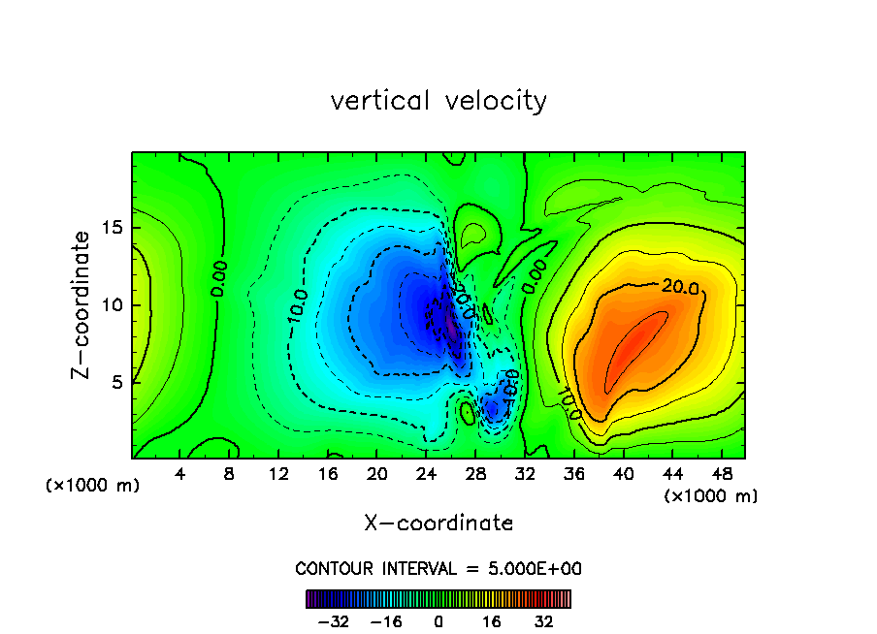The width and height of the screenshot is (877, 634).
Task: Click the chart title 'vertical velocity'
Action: [x=438, y=101]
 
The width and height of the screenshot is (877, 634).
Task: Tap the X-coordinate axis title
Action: [x=438, y=523]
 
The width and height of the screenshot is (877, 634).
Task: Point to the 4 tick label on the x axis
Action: [x=180, y=475]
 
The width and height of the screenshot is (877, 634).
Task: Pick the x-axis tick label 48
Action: [x=721, y=475]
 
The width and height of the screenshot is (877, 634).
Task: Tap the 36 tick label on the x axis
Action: [x=573, y=475]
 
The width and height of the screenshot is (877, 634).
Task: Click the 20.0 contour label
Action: [x=679, y=286]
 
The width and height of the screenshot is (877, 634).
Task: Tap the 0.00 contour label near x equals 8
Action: [x=219, y=277]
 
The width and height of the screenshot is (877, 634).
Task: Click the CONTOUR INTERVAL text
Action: [x=438, y=569]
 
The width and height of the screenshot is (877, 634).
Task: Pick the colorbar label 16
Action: [x=492, y=620]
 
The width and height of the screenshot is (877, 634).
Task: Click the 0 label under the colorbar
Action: [x=438, y=620]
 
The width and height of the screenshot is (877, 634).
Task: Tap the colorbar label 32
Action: [x=544, y=620]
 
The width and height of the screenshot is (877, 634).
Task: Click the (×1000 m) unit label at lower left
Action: [x=93, y=486]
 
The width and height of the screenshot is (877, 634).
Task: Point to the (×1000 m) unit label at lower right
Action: [x=711, y=495]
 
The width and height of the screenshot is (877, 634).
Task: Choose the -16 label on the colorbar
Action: [x=385, y=620]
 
